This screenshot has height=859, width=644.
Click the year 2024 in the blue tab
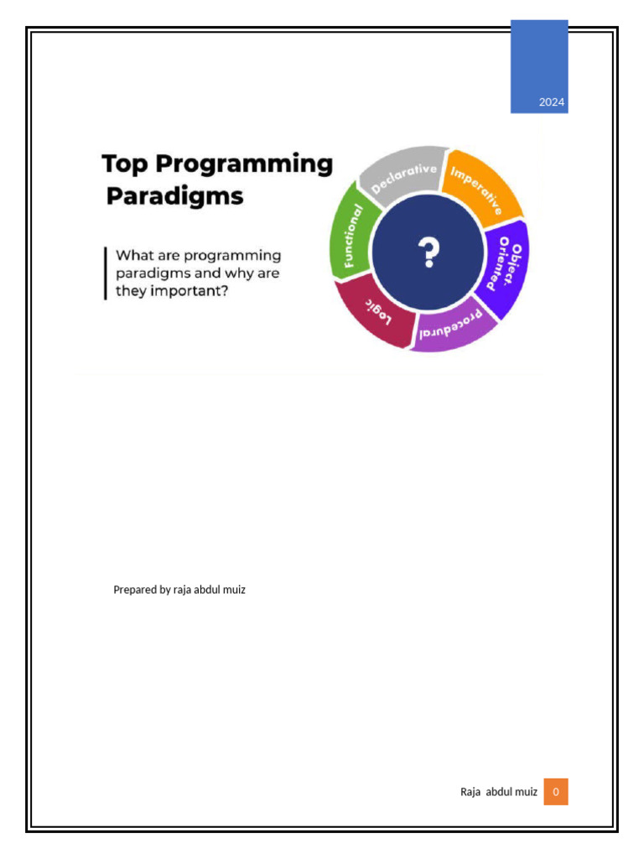552,103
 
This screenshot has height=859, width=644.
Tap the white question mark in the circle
428,251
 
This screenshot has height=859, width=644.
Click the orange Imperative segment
480,190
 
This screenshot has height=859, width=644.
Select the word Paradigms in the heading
175,197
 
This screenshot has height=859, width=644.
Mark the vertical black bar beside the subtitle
106,273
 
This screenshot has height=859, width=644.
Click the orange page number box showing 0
555,791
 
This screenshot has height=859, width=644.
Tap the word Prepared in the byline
134,590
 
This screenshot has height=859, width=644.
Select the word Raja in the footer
470,791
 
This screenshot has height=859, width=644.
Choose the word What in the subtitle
132,255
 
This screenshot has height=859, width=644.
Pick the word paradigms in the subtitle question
149,273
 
